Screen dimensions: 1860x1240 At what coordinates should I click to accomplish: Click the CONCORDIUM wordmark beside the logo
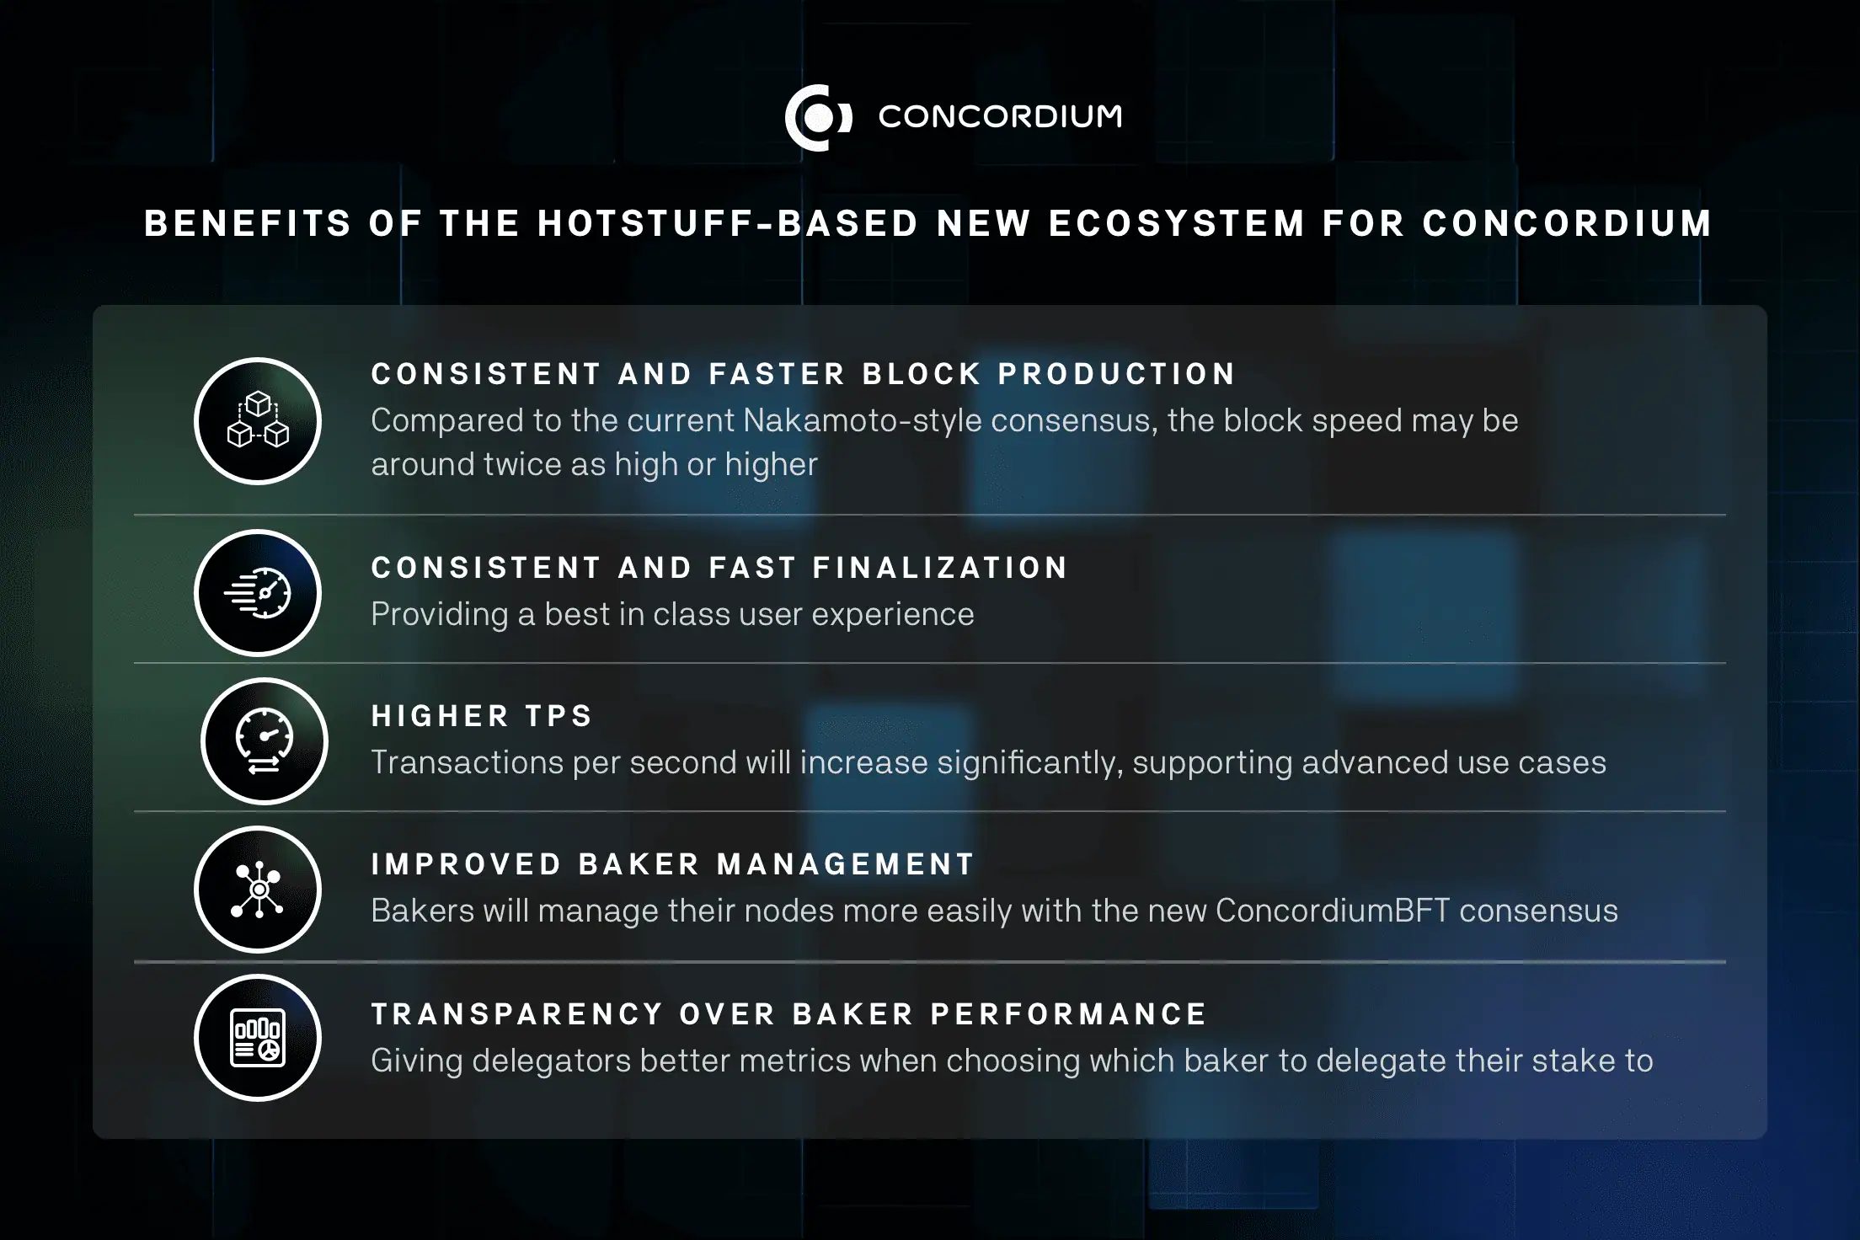tap(1000, 117)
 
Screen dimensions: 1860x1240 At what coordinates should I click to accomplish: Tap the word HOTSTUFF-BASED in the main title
tap(728, 224)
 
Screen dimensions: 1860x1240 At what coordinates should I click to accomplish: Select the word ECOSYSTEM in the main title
tap(1177, 224)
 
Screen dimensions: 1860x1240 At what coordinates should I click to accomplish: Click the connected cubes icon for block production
tap(258, 420)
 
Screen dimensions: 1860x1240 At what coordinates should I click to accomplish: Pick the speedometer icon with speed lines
tap(258, 593)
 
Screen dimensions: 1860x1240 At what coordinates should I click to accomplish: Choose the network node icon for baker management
tap(258, 890)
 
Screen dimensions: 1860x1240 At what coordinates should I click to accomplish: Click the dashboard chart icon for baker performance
tap(258, 1038)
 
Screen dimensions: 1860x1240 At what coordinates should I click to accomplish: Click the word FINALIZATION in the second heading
tap(940, 568)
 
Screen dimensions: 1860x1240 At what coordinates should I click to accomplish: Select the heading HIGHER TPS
tap(482, 716)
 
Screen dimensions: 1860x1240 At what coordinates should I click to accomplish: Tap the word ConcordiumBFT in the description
tap(1333, 911)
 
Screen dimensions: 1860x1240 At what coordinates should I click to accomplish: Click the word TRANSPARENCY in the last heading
tap(517, 1014)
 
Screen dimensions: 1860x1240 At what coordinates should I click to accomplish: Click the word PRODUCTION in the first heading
tap(1117, 374)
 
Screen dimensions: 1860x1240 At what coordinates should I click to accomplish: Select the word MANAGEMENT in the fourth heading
tap(846, 864)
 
